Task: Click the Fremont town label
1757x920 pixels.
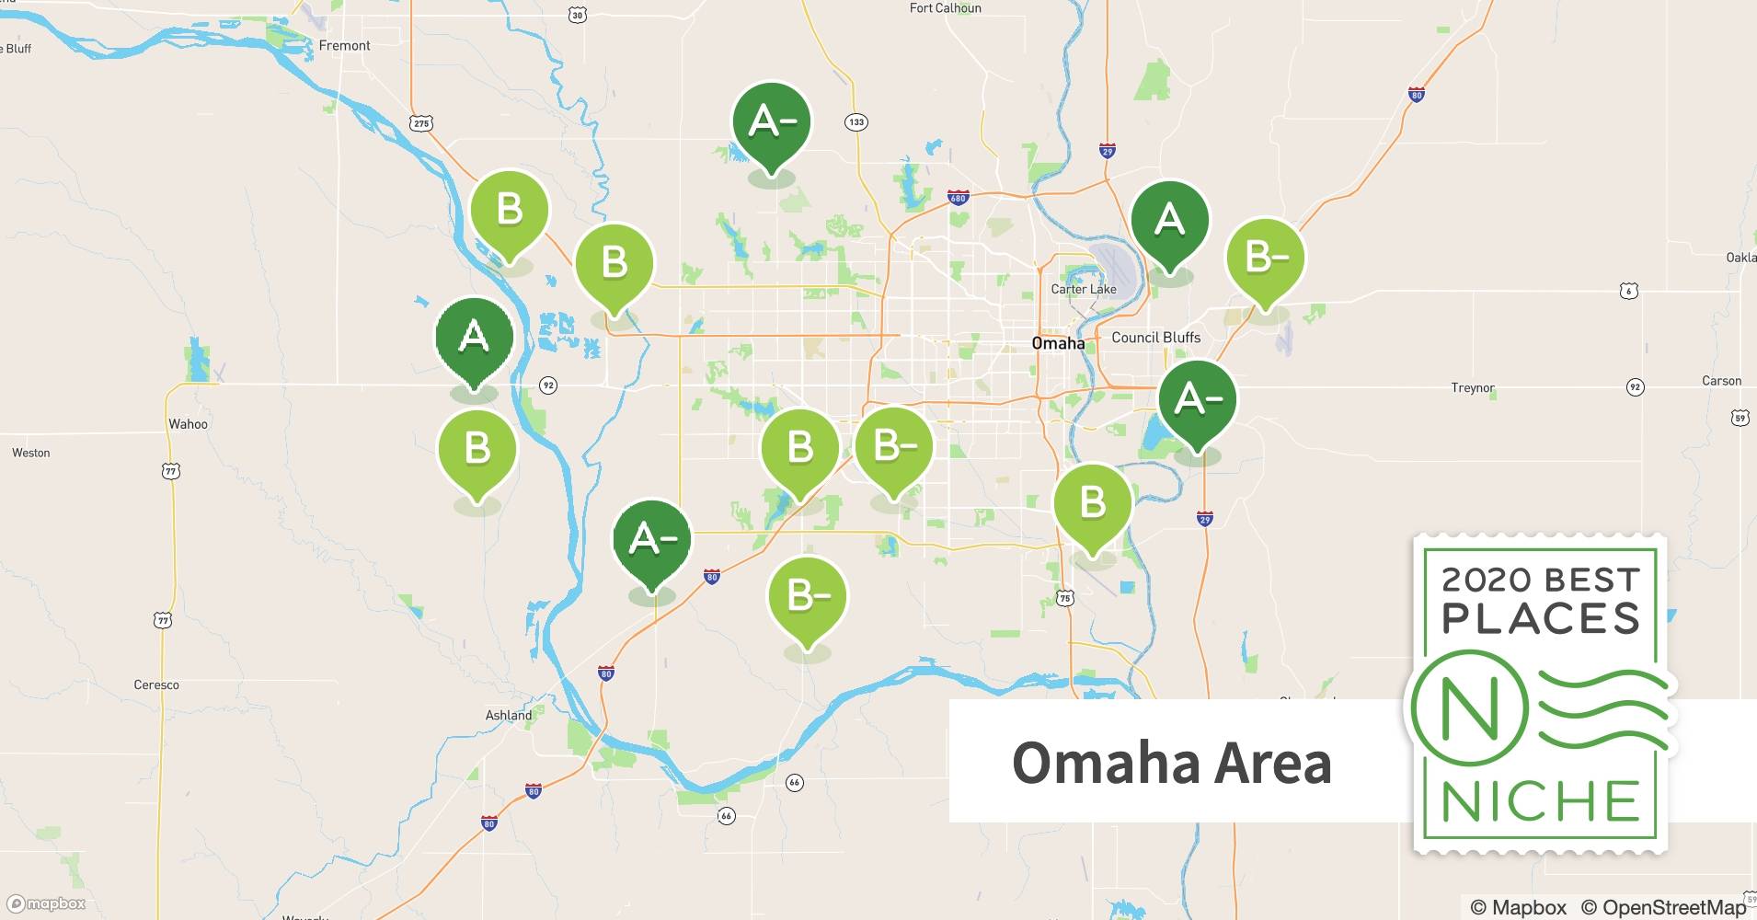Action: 344,45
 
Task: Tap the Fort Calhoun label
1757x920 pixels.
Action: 945,8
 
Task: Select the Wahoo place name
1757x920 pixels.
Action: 188,424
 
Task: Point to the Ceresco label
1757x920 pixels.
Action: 156,684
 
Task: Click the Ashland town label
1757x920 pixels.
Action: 508,715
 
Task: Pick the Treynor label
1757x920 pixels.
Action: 1473,387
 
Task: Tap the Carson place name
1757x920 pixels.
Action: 1721,381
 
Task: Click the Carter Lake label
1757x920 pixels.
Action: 1084,289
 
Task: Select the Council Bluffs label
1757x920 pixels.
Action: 1155,338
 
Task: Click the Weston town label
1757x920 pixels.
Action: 31,453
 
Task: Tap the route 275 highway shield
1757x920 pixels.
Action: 421,123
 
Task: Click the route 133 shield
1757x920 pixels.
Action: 856,122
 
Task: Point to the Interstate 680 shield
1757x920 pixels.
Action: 958,197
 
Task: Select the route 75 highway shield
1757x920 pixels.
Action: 1064,598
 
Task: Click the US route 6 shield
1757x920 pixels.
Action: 1629,292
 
